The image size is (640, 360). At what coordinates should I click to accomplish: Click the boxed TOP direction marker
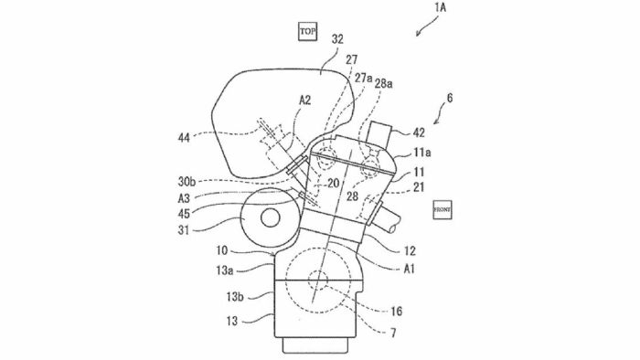307,31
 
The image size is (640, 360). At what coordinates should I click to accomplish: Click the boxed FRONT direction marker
442,209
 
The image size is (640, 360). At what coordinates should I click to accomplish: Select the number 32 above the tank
337,39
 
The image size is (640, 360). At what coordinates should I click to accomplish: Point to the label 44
184,138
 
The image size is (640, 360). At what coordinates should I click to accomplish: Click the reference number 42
419,132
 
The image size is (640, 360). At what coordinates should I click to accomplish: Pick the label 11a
422,153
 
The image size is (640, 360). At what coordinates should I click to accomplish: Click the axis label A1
410,269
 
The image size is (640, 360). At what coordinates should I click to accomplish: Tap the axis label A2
304,100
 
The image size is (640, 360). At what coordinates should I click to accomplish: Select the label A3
184,198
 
